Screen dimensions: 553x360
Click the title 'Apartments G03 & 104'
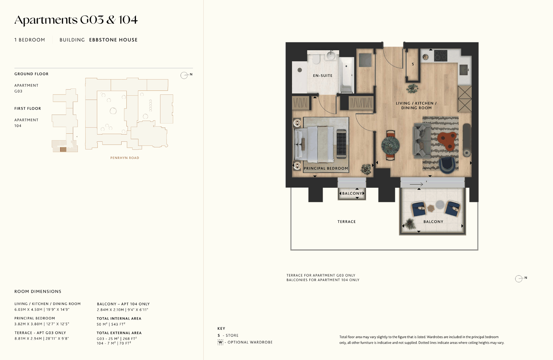click(x=76, y=20)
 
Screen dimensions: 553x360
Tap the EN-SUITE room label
click(x=323, y=76)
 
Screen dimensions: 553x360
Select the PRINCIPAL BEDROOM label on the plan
click(x=326, y=168)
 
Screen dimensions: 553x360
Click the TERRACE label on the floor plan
click(x=347, y=222)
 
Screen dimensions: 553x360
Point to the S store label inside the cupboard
click(x=413, y=64)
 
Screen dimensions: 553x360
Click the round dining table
click(x=390, y=145)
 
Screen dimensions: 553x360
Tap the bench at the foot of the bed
click(x=341, y=144)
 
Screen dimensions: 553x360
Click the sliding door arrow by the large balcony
click(x=416, y=184)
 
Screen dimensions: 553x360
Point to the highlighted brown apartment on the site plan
click(x=63, y=149)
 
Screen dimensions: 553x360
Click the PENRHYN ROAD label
click(x=125, y=158)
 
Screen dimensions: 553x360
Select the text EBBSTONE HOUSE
click(x=113, y=40)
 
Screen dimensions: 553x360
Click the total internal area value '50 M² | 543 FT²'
click(x=111, y=324)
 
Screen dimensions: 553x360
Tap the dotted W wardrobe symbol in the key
click(x=220, y=342)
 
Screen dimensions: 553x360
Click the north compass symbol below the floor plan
click(x=519, y=279)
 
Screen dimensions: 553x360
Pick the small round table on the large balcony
click(x=440, y=205)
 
